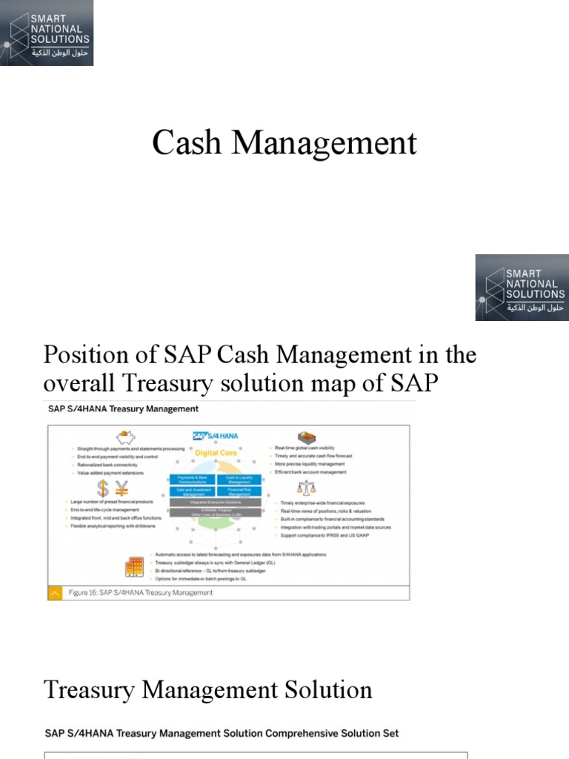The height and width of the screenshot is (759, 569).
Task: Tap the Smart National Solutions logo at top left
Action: click(x=47, y=33)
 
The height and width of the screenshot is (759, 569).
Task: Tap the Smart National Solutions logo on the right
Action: click(x=522, y=288)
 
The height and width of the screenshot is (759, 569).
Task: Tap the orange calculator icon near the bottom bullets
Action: click(x=134, y=567)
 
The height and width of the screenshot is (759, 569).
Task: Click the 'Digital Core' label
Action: click(x=216, y=452)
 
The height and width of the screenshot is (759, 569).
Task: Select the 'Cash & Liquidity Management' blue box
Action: click(x=239, y=479)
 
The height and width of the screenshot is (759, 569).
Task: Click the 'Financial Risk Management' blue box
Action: click(x=239, y=491)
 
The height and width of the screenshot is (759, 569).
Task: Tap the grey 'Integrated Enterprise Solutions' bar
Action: click(x=216, y=502)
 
